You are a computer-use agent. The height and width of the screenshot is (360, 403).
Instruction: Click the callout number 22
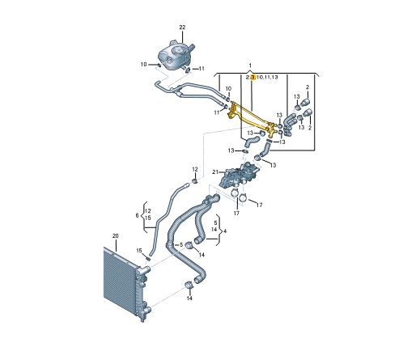182,28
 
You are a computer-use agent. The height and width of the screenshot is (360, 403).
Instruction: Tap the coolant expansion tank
175,56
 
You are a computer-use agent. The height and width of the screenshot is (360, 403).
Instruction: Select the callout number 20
115,236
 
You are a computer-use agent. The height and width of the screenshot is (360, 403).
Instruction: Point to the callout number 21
215,172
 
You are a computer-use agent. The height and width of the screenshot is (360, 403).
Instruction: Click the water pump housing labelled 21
239,176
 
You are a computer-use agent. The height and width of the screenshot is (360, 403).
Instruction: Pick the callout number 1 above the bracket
250,66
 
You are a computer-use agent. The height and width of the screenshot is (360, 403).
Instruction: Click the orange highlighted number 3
252,78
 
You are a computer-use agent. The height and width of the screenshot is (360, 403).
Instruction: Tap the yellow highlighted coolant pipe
252,117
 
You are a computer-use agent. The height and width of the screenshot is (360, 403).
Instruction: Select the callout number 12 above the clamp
195,169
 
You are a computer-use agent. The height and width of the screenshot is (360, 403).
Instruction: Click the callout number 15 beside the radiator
139,251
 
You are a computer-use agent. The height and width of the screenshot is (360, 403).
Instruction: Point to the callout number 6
137,215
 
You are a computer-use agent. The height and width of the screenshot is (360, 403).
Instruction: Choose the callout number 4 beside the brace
225,231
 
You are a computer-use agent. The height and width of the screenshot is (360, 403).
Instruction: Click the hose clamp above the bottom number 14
189,285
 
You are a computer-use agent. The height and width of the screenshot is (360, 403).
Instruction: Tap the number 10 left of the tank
143,65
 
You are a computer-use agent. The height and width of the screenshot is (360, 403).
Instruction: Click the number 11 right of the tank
201,69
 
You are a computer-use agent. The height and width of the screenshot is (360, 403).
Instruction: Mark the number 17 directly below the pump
236,214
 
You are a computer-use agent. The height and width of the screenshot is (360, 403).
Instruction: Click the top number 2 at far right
308,87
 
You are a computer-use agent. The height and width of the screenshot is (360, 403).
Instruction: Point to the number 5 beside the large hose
181,245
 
